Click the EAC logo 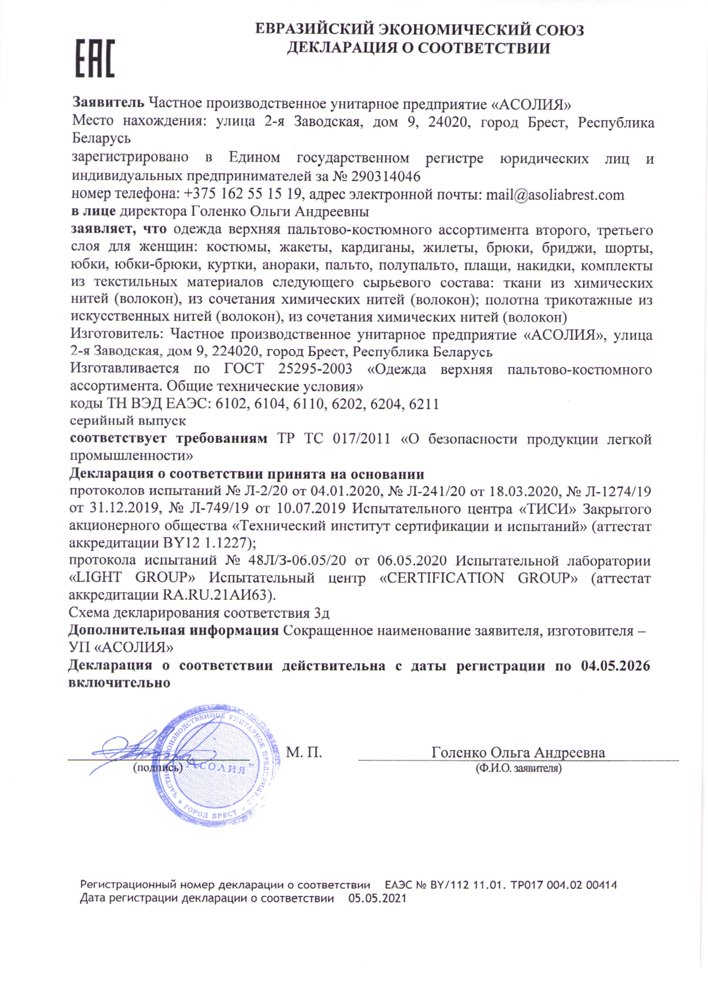95,59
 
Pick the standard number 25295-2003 315,369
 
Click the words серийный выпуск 128,421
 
